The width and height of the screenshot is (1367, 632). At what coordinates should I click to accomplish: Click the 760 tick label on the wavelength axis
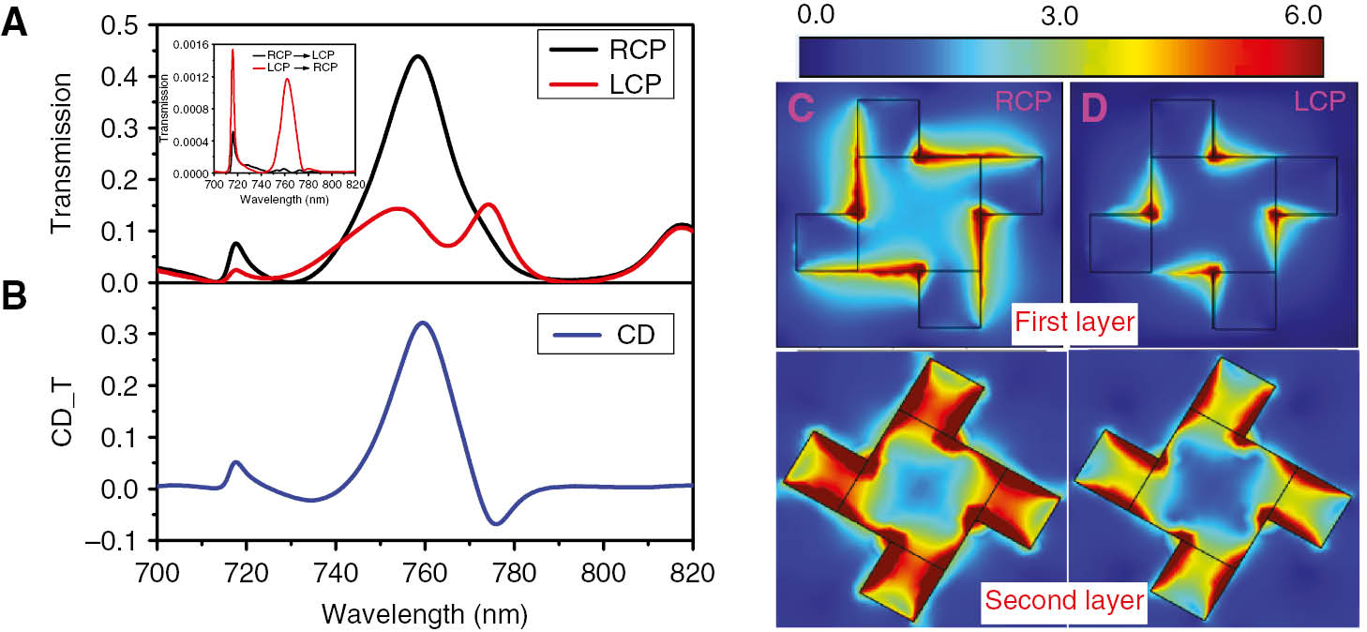point(425,571)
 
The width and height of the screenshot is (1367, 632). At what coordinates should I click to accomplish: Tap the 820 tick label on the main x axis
point(691,571)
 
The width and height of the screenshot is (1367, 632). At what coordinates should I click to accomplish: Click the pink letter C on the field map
point(799,108)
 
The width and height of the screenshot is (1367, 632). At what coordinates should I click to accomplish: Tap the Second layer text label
point(1063,600)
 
